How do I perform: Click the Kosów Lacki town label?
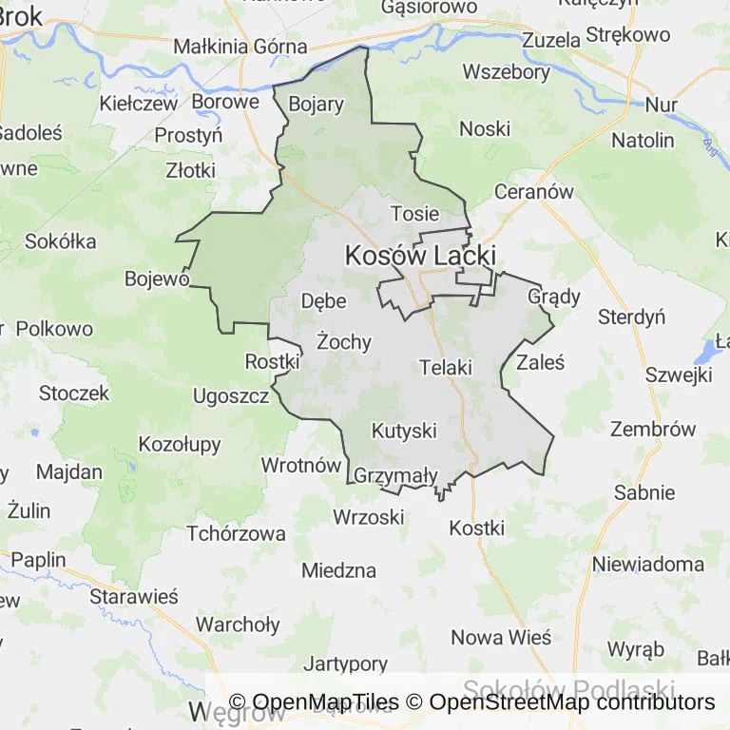(420, 256)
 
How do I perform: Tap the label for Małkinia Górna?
(240, 46)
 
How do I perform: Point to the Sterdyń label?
(631, 317)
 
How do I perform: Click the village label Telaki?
(445, 366)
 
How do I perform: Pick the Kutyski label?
(404, 431)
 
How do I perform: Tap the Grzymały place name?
(394, 475)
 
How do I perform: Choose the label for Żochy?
(344, 341)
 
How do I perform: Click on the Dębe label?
(323, 300)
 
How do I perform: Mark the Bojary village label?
(315, 105)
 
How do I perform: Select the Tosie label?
(415, 214)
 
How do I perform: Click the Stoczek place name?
(74, 393)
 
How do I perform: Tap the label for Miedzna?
(338, 571)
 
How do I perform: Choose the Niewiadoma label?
(648, 564)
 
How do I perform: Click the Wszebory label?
(506, 72)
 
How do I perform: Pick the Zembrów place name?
(653, 429)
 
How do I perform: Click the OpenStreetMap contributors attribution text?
(573, 702)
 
